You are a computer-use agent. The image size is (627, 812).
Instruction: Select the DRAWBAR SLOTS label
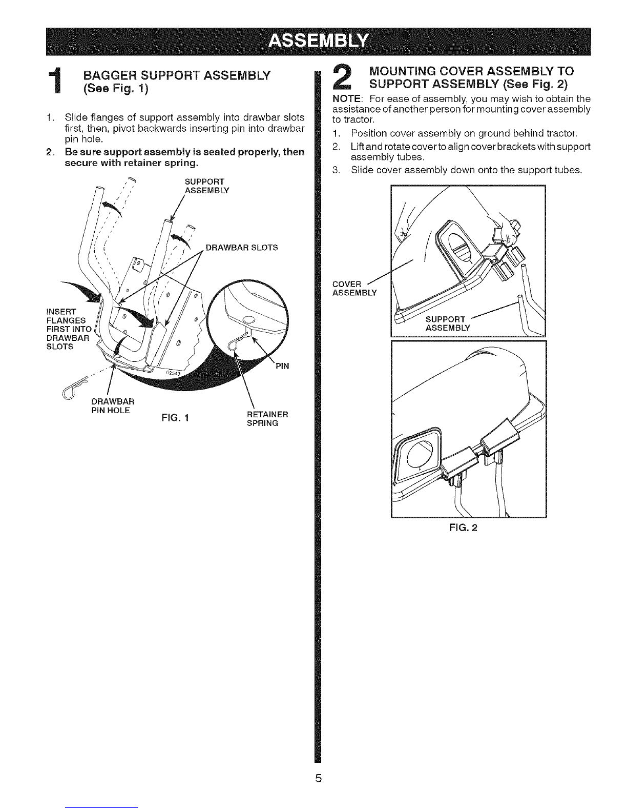(x=241, y=248)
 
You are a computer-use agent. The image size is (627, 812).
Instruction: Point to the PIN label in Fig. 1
(x=282, y=366)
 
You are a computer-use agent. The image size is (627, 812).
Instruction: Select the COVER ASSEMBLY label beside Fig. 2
(x=354, y=288)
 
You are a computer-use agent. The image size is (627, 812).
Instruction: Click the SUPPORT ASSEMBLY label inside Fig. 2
(x=447, y=324)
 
